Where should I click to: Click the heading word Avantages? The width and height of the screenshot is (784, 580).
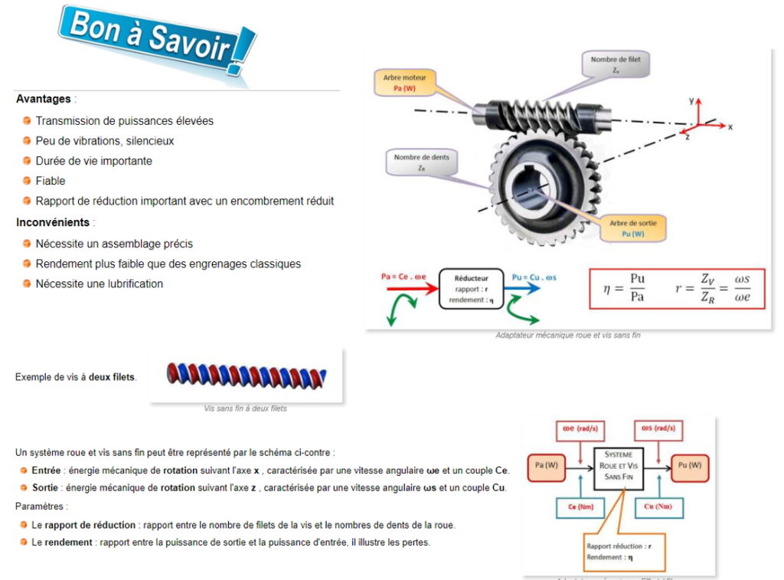coord(43,99)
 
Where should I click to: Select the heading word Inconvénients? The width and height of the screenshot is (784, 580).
coord(53,222)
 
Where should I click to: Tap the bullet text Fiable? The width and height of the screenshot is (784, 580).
coord(51,181)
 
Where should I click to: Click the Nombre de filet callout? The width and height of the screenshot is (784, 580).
coord(616,64)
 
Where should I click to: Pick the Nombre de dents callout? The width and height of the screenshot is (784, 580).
coord(421,162)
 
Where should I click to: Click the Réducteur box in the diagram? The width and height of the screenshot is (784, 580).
coord(471,289)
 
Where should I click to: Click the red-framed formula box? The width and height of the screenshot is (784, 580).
coord(677,287)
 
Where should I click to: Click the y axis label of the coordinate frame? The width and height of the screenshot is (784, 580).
coord(691,100)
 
